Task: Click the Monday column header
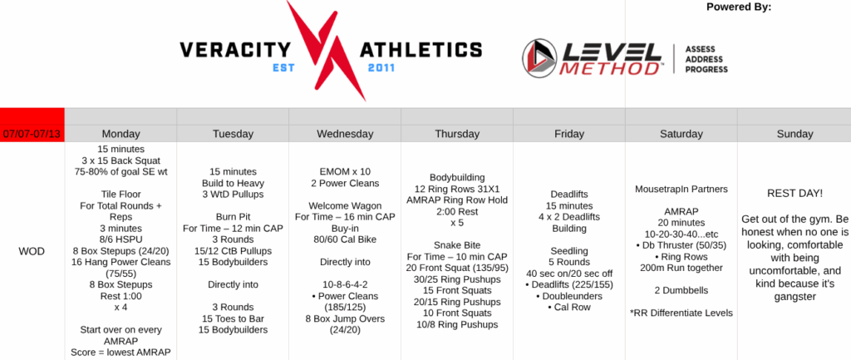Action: pos(121,134)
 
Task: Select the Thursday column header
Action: pos(457,134)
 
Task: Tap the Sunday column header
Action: pos(794,134)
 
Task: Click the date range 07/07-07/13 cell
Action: pos(32,134)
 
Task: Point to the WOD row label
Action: pos(32,251)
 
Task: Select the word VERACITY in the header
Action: pos(235,51)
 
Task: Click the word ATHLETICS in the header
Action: pos(421,51)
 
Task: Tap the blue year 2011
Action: pos(381,68)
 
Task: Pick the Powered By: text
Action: pos(739,7)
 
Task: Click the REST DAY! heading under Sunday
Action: pos(794,194)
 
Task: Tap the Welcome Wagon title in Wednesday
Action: pos(345,205)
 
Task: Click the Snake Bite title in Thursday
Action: pos(457,245)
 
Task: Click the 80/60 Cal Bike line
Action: pos(345,239)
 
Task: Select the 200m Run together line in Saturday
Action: pos(681,268)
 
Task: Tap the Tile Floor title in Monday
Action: pos(121,195)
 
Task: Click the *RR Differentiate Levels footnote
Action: pos(681,313)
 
